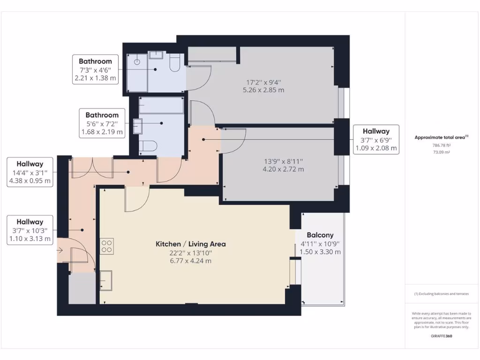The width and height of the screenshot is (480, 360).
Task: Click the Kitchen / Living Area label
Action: pyautogui.click(x=190, y=244)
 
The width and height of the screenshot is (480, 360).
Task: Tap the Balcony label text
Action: pyautogui.click(x=320, y=235)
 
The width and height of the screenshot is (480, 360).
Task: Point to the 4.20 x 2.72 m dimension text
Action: pyautogui.click(x=283, y=169)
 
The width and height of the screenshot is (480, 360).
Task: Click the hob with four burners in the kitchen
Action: pyautogui.click(x=106, y=246)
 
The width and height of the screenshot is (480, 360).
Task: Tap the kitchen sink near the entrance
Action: pyautogui.click(x=105, y=281)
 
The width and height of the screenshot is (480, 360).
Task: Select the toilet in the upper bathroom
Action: pyautogui.click(x=174, y=64)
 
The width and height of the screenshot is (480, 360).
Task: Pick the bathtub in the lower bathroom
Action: pyautogui.click(x=161, y=105)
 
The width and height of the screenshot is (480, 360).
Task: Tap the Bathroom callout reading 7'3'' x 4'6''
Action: pyautogui.click(x=95, y=69)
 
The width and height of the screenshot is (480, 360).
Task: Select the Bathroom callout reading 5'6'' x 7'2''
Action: pyautogui.click(x=102, y=123)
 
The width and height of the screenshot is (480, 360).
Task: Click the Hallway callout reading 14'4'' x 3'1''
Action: pyautogui.click(x=30, y=172)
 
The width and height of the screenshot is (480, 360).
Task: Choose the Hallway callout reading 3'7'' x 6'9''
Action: pyautogui.click(x=375, y=140)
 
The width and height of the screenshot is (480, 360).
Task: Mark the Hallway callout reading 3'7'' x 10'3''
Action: pyautogui.click(x=30, y=230)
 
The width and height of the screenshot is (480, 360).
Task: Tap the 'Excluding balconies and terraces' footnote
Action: pyautogui.click(x=441, y=294)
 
